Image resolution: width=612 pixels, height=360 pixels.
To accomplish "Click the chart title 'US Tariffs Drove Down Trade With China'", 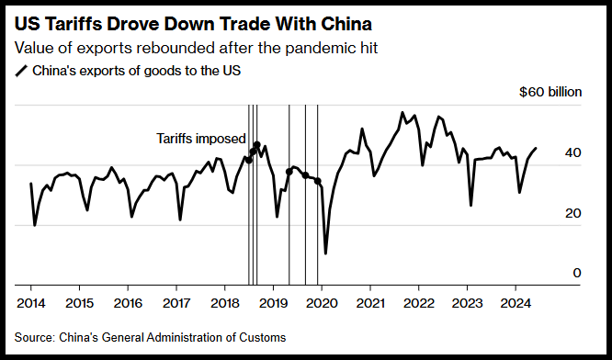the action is pyautogui.click(x=193, y=24).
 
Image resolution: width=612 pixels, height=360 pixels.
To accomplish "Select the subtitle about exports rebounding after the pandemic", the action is pyautogui.click(x=197, y=48).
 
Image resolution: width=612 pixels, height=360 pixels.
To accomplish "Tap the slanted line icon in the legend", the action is pyautogui.click(x=21, y=72).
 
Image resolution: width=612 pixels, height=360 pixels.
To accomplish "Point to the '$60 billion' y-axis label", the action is pyautogui.click(x=550, y=92).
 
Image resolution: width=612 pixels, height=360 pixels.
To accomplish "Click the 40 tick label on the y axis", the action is pyautogui.click(x=573, y=152).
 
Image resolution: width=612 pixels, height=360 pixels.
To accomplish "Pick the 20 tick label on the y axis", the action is pyautogui.click(x=573, y=213).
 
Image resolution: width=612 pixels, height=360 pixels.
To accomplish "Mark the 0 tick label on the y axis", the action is pyautogui.click(x=577, y=273).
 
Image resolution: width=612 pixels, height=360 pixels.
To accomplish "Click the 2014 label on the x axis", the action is pyautogui.click(x=31, y=303).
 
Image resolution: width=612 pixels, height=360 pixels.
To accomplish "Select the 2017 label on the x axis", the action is pyautogui.click(x=176, y=303).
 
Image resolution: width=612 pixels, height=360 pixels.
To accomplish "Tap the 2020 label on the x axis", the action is pyautogui.click(x=322, y=303).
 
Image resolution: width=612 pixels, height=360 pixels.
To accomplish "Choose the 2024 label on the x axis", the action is pyautogui.click(x=516, y=303).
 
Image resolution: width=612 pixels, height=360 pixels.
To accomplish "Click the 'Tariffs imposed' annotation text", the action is pyautogui.click(x=201, y=139).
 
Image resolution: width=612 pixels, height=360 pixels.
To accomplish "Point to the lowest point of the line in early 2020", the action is pyautogui.click(x=325, y=253).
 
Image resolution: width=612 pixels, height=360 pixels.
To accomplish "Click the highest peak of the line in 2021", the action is pyautogui.click(x=402, y=112).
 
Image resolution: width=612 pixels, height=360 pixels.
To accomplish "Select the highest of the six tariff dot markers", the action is pyautogui.click(x=256, y=145).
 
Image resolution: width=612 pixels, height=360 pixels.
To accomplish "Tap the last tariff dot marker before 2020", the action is pyautogui.click(x=317, y=181).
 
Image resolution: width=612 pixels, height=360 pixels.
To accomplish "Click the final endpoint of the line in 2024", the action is pyautogui.click(x=536, y=148).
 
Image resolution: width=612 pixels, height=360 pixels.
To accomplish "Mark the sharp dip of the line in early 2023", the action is pyautogui.click(x=471, y=205).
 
